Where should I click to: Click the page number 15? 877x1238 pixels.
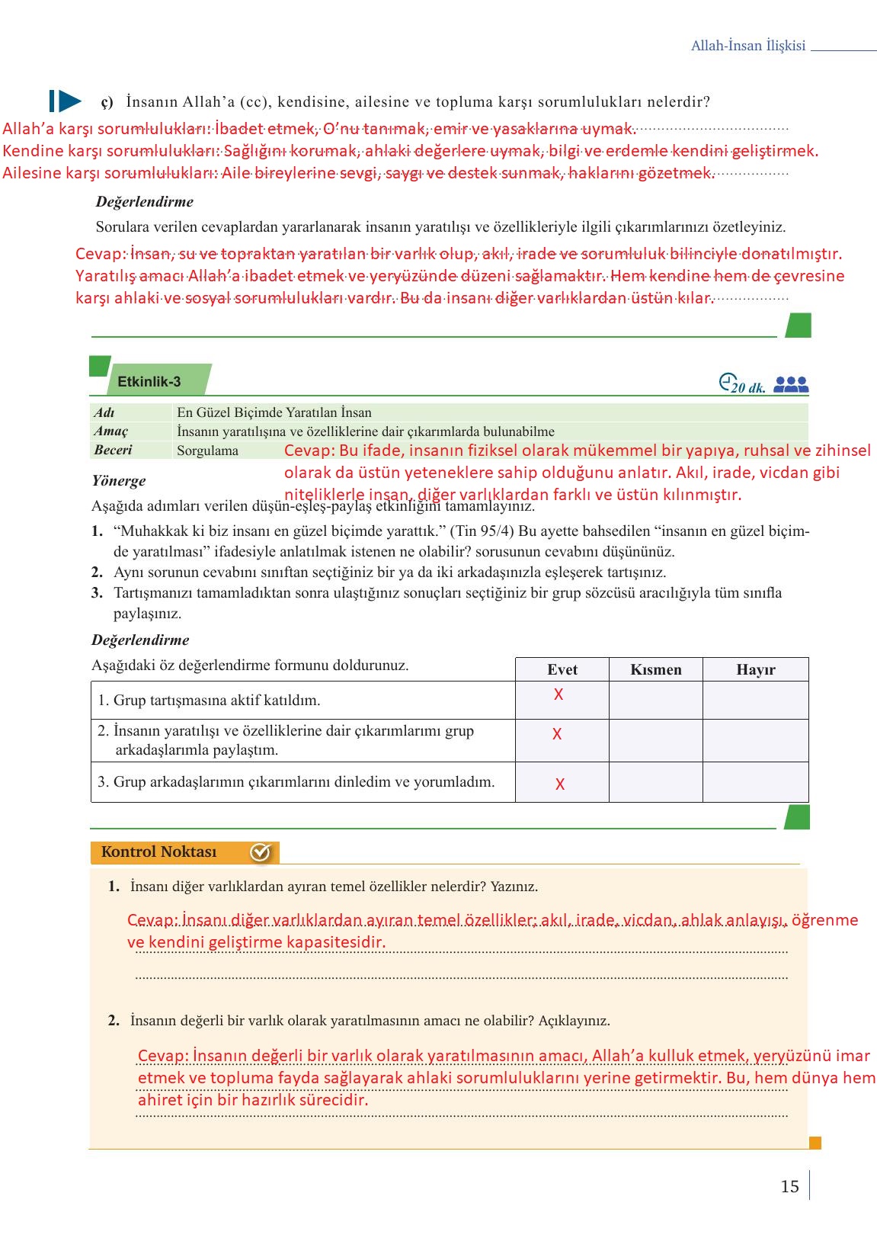[789, 1187]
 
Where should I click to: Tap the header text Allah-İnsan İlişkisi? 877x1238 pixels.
[747, 46]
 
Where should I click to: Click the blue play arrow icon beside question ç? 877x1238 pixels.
[66, 101]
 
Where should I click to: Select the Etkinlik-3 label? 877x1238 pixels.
[149, 382]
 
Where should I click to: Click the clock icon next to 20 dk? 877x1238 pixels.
[728, 381]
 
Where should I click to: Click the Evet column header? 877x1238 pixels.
[562, 669]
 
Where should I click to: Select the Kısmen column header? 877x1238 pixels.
[655, 669]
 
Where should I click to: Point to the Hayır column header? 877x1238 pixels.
[755, 669]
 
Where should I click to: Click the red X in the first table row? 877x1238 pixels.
[559, 694]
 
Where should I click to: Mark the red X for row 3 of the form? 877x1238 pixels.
[560, 784]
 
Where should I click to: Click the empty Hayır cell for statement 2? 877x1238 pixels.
[755, 740]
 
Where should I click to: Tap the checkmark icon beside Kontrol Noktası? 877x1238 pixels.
[261, 852]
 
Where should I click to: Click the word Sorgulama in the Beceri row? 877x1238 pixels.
[207, 451]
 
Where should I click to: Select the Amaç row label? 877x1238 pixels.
[111, 431]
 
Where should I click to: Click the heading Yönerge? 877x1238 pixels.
[118, 481]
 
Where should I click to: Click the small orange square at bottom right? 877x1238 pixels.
[815, 1143]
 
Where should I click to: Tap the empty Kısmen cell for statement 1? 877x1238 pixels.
[655, 700]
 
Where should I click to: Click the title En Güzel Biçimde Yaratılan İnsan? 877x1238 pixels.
[274, 412]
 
